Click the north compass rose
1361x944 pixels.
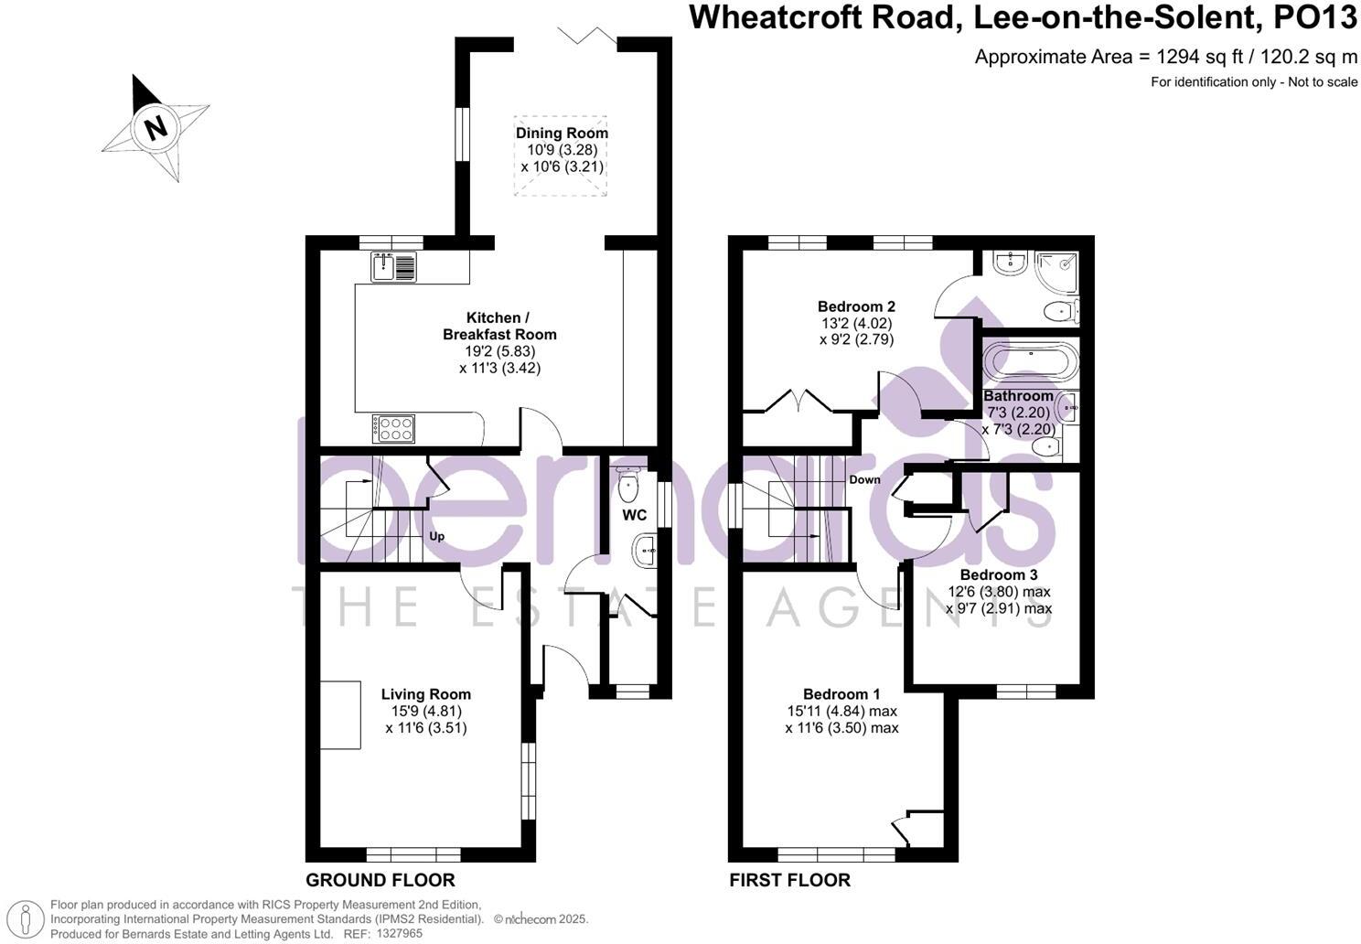coord(155,127)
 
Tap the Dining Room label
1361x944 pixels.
coord(562,134)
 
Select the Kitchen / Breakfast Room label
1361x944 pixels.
coord(499,326)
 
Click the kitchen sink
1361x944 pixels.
coord(393,267)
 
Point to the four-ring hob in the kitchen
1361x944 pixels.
coord(393,428)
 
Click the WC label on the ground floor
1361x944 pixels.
coord(635,515)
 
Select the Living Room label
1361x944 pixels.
coord(426,694)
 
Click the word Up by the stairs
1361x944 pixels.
coord(437,536)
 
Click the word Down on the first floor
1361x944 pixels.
coord(864,479)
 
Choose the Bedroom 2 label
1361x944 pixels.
coord(856,306)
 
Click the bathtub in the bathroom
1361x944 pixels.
coord(1031,362)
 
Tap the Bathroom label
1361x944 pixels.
coord(1018,396)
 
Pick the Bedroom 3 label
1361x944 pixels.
coord(999,575)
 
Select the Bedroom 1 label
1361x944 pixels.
coord(841,694)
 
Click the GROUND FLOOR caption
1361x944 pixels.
coord(380,880)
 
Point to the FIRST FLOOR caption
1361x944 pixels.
coord(789,880)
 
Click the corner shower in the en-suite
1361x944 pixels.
coord(1057,266)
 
